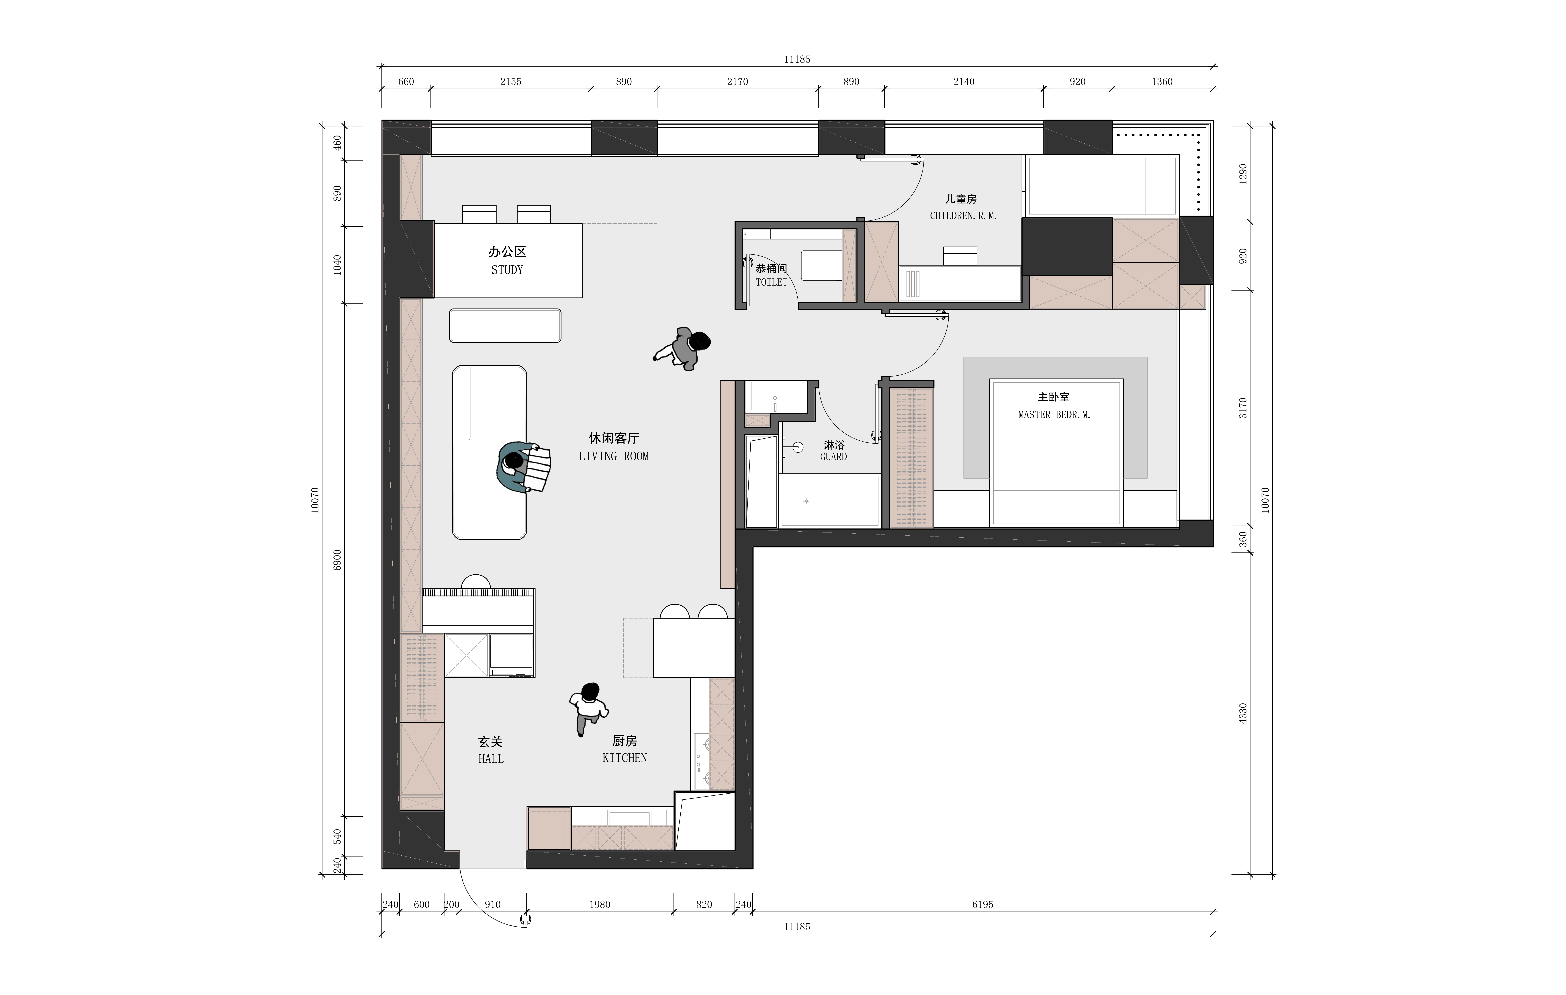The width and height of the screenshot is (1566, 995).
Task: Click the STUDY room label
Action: click(x=507, y=270)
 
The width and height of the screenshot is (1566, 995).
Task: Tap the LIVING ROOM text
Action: click(x=614, y=456)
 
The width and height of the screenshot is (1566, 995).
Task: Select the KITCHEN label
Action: click(x=624, y=758)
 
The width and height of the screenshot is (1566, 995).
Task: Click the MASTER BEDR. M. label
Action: click(x=1054, y=415)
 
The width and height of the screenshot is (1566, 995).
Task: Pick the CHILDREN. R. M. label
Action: click(x=963, y=216)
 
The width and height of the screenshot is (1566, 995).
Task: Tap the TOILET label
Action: click(x=771, y=282)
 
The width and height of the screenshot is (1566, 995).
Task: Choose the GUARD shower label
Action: click(x=834, y=457)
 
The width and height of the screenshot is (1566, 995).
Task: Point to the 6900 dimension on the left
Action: click(x=337, y=560)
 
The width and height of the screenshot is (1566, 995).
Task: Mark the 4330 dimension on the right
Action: click(x=1243, y=713)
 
